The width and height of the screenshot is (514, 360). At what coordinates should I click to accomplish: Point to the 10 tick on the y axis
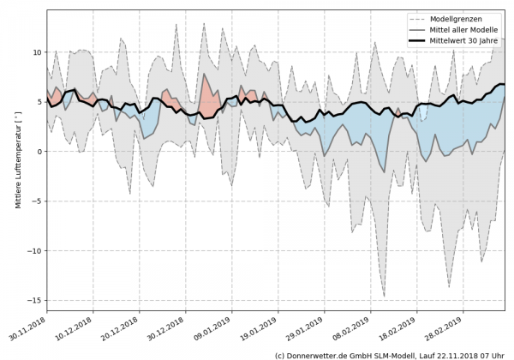pyautogui.click(x=37, y=51)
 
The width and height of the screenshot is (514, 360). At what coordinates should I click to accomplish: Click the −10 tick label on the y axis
pyautogui.click(x=34, y=251)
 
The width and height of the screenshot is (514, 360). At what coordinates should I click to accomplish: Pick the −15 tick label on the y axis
pyautogui.click(x=34, y=301)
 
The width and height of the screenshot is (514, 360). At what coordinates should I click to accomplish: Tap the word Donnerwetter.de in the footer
pyautogui.click(x=320, y=354)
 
